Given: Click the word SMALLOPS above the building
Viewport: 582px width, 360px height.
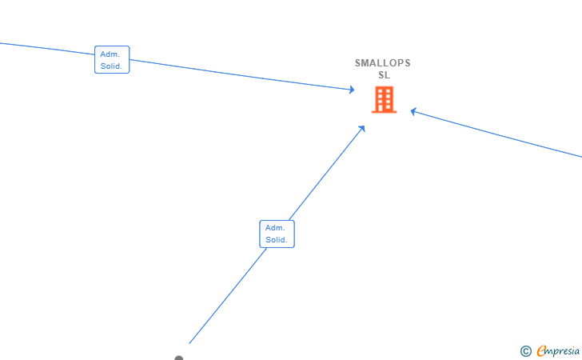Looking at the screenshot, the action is pos(383,63).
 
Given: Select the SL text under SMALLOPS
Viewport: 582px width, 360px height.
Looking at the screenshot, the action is pos(384,75).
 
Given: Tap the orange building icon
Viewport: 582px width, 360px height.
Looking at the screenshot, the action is pos(384,100).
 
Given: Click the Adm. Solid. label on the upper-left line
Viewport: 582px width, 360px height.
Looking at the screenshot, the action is pos(111,60).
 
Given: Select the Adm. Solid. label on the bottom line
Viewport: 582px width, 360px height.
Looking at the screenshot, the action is pos(277,234).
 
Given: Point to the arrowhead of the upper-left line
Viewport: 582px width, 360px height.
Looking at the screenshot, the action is pos(352,90).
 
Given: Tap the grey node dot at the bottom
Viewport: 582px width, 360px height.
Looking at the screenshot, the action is pos(179,358).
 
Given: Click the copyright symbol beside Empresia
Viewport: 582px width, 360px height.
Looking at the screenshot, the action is pos(525,350).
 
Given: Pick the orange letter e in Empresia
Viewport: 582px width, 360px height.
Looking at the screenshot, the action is pos(542,350).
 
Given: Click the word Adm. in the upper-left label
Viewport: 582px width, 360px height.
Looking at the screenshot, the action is pos(109,54).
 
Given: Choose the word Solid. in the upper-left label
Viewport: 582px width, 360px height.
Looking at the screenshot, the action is pos(111,66).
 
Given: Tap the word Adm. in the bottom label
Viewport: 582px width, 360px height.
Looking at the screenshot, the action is pos(275,228).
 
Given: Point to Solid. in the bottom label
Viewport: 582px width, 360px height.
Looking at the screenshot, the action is pos(277,240).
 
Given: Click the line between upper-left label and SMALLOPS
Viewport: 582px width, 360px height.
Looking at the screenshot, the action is pos(240,74).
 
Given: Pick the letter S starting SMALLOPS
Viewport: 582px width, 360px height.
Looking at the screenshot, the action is pos(358,63).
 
